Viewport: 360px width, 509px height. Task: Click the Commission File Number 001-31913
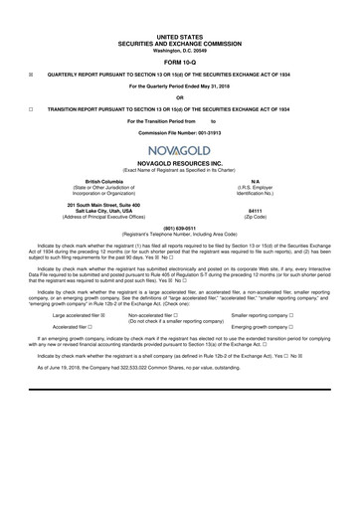coord(211,132)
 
